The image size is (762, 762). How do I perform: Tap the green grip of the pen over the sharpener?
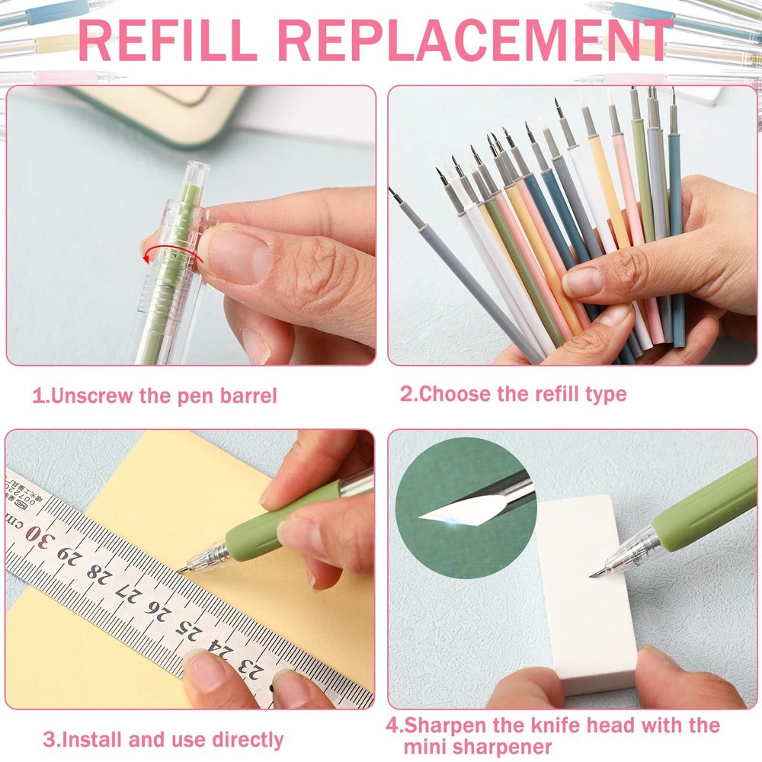click(x=708, y=503)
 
